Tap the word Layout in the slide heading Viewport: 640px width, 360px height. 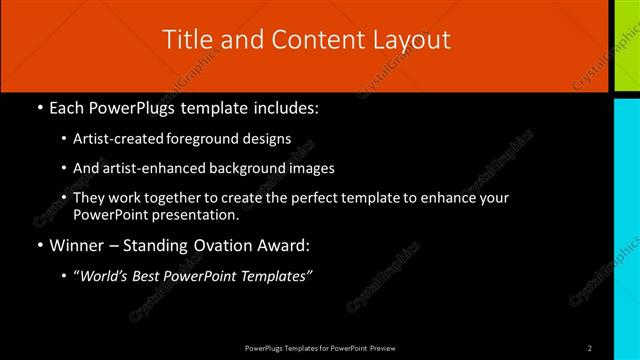[407, 39]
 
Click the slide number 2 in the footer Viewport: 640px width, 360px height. [591, 348]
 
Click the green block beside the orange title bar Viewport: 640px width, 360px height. [625, 44]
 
